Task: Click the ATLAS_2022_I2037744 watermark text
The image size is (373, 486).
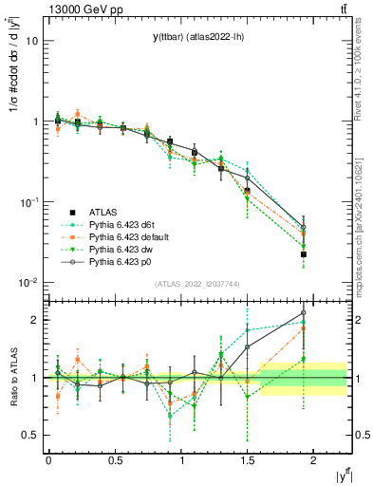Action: coord(196,284)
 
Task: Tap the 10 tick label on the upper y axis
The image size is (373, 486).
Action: coord(31,42)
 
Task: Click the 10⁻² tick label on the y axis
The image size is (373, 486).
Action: coord(28,283)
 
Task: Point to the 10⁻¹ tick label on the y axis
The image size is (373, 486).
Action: coord(28,202)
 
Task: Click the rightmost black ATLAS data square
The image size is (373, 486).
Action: coord(304,254)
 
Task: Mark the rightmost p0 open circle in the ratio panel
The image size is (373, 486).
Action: coord(304,312)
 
